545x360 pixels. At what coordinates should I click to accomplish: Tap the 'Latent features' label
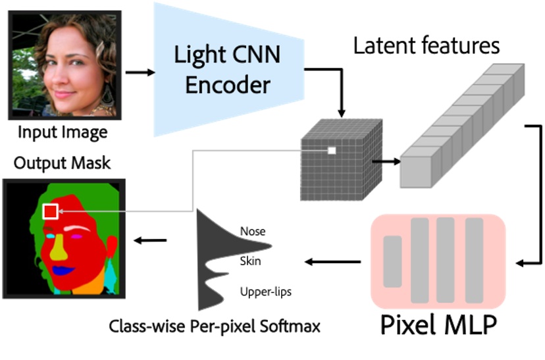[427, 45]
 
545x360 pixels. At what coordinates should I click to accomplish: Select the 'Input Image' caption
[62, 132]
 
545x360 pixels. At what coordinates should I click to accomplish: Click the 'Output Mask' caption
[62, 162]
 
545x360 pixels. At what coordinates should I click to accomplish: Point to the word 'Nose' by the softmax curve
[253, 231]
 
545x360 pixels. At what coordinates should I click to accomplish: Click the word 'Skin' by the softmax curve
[250, 261]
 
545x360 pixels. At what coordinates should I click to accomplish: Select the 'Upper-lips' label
[266, 290]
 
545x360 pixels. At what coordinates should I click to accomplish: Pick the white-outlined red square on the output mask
[51, 211]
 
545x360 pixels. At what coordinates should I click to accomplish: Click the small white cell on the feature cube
[332, 151]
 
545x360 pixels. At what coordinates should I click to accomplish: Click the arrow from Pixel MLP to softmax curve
[332, 263]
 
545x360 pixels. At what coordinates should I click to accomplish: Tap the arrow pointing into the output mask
[150, 240]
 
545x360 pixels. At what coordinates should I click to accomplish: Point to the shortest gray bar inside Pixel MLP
[392, 261]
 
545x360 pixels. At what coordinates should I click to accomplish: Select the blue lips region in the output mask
[63, 270]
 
